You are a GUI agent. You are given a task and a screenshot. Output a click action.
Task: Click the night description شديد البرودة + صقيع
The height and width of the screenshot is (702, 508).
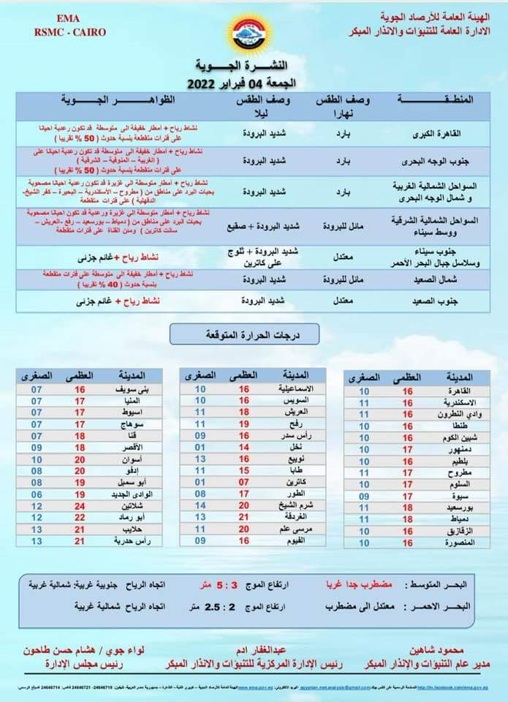[x=262, y=227]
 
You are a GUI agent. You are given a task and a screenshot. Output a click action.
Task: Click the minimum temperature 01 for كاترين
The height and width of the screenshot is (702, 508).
[x=200, y=482]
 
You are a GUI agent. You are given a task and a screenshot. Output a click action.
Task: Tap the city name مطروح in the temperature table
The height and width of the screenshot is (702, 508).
[x=459, y=472]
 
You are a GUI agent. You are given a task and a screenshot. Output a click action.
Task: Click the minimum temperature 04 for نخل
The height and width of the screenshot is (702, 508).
[x=200, y=447]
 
